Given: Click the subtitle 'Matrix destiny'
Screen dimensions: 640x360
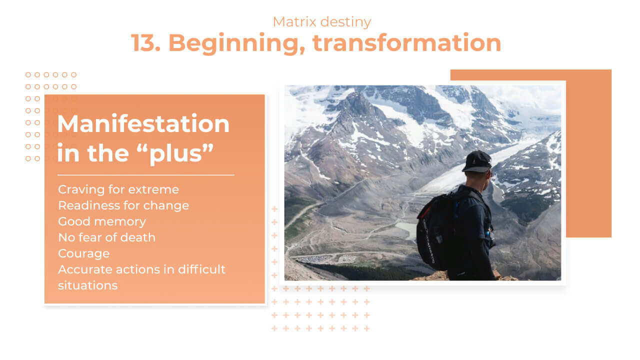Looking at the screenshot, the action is (322, 22).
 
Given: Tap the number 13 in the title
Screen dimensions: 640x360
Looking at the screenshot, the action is (145, 43).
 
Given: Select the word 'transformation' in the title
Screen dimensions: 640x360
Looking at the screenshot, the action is (407, 43).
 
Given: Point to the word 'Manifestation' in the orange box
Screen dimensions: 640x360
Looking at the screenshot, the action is (143, 123).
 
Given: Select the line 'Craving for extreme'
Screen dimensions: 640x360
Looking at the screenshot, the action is (118, 189).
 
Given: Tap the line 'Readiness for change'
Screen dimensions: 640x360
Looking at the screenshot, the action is (123, 205).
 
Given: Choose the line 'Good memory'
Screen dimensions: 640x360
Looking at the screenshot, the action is (102, 221).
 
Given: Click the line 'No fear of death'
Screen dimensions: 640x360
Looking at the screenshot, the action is (107, 237).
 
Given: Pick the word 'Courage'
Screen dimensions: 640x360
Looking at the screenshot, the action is (83, 253).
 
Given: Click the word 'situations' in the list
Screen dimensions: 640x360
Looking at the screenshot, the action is (87, 285).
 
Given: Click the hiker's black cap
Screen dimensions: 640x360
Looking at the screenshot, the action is (476, 161).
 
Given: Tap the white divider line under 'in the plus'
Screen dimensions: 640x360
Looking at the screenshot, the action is (146, 175).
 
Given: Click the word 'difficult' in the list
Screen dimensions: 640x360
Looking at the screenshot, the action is (201, 269).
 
